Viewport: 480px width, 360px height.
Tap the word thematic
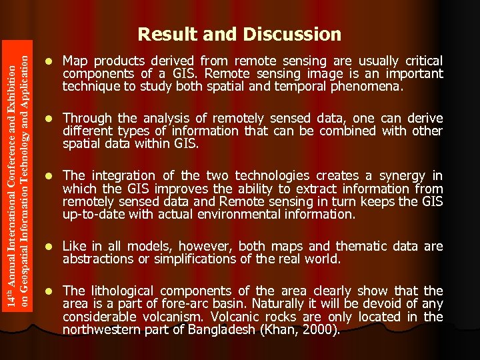364,247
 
